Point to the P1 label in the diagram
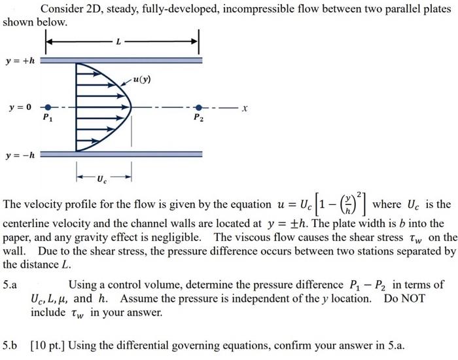[x=45, y=118]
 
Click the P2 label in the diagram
[x=198, y=118]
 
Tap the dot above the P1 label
[x=45, y=107]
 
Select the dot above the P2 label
[x=198, y=107]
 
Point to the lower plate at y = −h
[x=122, y=155]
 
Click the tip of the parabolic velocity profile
[x=131, y=106]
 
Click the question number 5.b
[x=10, y=345]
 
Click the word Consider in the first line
[x=63, y=9]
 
